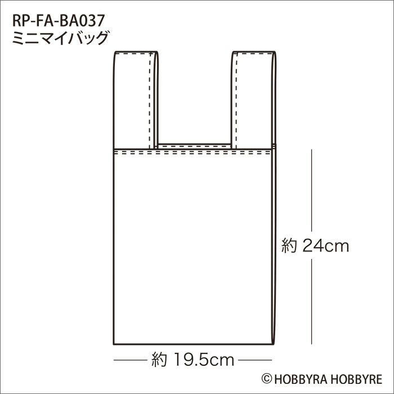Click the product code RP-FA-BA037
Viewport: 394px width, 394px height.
(58, 20)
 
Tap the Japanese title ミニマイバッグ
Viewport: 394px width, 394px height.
(61, 38)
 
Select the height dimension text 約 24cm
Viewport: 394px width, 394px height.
(315, 245)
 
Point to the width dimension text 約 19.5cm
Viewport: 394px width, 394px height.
(192, 360)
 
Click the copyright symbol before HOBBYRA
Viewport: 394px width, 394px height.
(267, 379)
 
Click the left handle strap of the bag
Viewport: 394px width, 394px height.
(136, 100)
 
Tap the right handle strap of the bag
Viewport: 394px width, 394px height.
(253, 100)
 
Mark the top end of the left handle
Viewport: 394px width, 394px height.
(136, 52)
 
